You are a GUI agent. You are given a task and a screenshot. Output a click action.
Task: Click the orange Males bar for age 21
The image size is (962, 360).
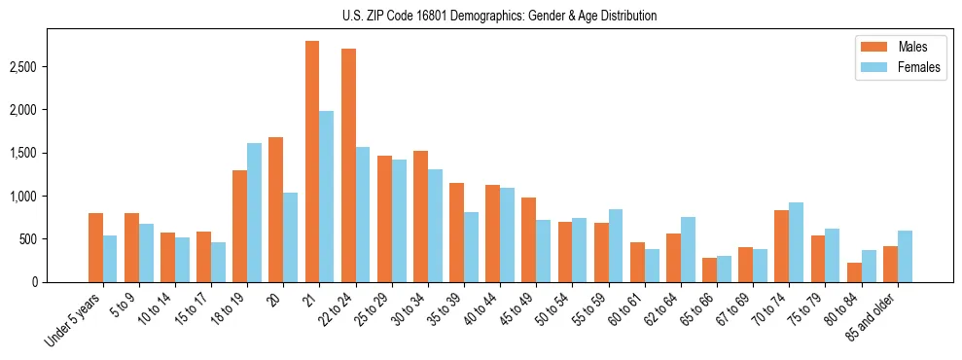312,162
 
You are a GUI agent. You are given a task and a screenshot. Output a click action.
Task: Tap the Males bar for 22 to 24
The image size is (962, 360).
348,165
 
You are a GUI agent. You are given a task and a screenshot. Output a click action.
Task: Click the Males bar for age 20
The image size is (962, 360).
276,209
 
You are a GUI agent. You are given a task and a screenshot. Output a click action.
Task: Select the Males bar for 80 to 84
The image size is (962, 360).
854,271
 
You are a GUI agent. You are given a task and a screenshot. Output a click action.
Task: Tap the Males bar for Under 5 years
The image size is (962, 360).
95,247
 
